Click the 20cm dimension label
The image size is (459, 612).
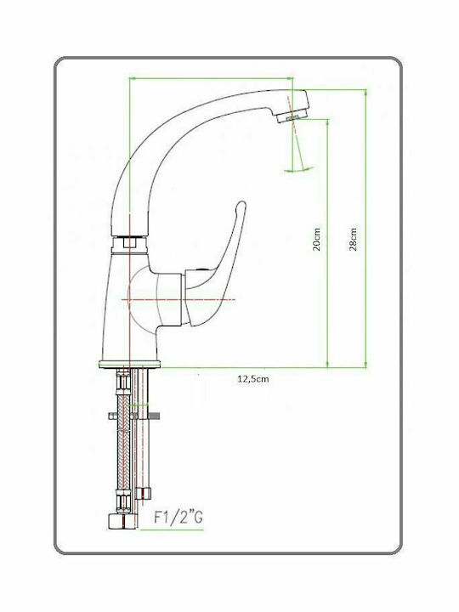tap(317, 239)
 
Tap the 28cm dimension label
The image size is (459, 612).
tap(354, 239)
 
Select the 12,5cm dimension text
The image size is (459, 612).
tap(253, 378)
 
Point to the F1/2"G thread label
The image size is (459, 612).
tap(178, 518)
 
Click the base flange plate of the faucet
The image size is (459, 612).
tap(129, 364)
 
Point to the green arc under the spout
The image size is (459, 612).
tap(299, 170)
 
